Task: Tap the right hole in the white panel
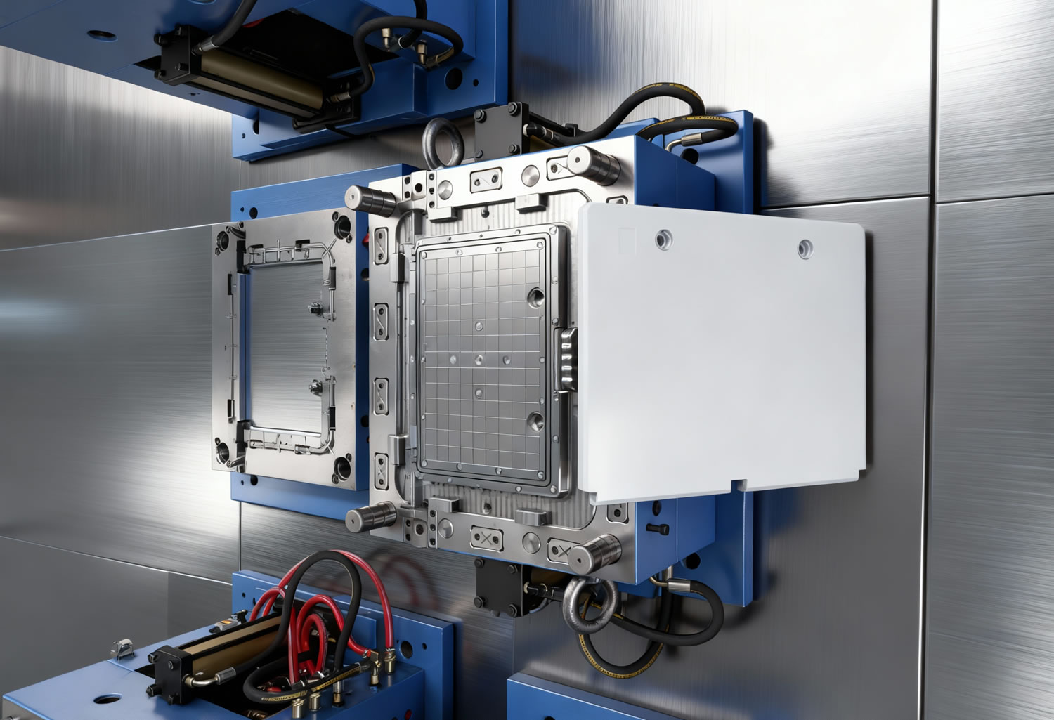point(805,247)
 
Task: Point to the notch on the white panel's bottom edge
point(738,485)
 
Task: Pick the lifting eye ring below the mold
point(590,604)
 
